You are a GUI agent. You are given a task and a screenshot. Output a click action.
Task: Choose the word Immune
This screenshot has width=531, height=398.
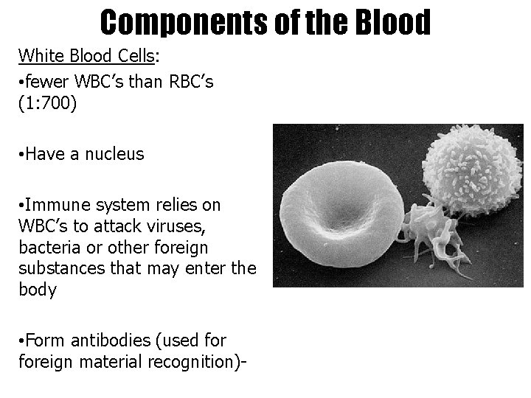58,203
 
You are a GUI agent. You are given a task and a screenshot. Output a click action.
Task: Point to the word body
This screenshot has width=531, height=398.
38,289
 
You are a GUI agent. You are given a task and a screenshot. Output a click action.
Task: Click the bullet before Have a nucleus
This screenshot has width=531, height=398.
22,155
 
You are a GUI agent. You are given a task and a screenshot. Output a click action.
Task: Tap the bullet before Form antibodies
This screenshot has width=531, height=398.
22,341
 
